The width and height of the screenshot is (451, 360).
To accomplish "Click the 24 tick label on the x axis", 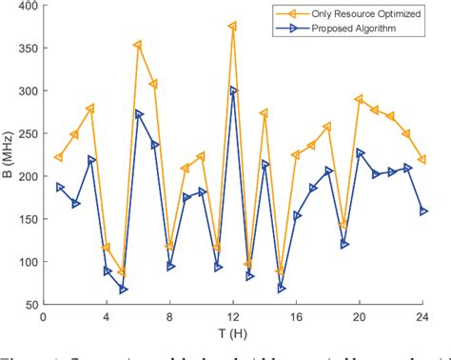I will (x=422, y=317).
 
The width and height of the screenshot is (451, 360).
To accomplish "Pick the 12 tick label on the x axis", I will (x=232, y=317).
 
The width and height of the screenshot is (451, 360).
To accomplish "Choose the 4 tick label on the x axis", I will (x=106, y=317).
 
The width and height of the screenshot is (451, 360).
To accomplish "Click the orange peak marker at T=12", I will (x=232, y=27).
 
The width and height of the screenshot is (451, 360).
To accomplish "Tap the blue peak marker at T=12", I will (x=233, y=91).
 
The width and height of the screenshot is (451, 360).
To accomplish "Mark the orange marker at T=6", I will (x=138, y=45).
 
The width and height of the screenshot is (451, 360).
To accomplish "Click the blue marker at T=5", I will (x=123, y=289).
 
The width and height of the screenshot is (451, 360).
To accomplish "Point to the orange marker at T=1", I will (x=58, y=157).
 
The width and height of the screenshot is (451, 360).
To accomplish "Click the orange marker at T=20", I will (x=359, y=99).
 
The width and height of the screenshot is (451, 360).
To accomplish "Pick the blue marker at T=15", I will (x=281, y=288).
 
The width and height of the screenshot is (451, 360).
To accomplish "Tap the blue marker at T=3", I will (x=91, y=160).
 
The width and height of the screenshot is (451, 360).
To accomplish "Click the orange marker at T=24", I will (x=422, y=160).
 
